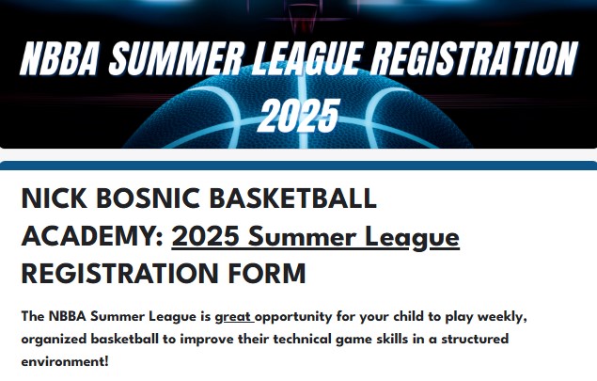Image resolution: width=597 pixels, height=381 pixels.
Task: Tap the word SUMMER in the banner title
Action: (176, 58)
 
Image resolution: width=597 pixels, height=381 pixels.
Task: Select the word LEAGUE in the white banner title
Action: (306, 58)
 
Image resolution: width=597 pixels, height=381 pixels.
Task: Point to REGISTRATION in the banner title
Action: (474, 58)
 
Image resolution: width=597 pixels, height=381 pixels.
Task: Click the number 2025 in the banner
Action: (300, 115)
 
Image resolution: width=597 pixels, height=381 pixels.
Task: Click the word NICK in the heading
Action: (55, 198)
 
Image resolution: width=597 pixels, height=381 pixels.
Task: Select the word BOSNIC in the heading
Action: (149, 198)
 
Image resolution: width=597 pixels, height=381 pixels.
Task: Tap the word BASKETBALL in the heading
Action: (293, 198)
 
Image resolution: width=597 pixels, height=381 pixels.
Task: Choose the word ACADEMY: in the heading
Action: (93, 236)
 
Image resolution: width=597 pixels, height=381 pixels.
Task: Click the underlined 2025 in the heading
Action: (206, 236)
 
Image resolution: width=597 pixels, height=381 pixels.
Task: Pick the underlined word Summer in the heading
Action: (303, 236)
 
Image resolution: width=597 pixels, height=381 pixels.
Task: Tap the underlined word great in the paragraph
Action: (233, 317)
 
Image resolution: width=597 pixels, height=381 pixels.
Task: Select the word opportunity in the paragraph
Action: (293, 317)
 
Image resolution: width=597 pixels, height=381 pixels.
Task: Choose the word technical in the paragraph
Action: (303, 339)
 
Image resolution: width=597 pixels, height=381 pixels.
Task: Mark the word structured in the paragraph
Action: (475, 339)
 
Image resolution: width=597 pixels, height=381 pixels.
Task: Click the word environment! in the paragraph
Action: (65, 361)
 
